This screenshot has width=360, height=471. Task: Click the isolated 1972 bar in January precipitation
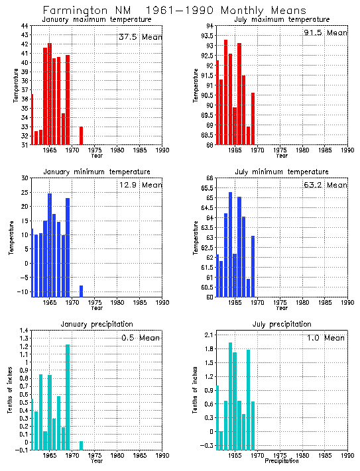(x=81, y=446)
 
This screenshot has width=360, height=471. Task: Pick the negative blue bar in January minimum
(x=81, y=290)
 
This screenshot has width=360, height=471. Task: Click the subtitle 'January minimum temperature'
(x=97, y=172)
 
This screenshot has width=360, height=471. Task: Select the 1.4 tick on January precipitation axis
(x=24, y=331)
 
